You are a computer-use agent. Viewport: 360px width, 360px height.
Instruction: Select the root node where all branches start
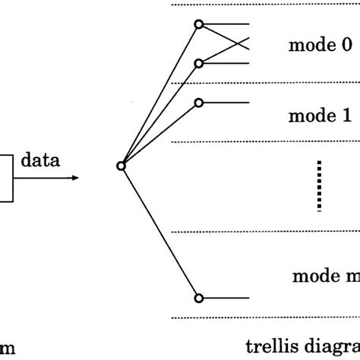point(121,166)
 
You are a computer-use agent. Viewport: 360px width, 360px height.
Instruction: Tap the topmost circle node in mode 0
point(198,25)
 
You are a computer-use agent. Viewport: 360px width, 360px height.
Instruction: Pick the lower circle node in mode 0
point(198,63)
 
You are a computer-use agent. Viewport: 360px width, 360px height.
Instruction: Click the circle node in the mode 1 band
point(198,103)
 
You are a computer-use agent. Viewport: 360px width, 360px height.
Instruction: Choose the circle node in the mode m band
point(198,298)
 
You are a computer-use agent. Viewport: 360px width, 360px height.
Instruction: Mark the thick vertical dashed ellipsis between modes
point(320,185)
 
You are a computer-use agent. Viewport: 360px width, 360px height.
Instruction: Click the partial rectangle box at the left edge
point(6,179)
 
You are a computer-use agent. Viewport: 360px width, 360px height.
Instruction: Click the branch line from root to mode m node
point(159,232)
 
